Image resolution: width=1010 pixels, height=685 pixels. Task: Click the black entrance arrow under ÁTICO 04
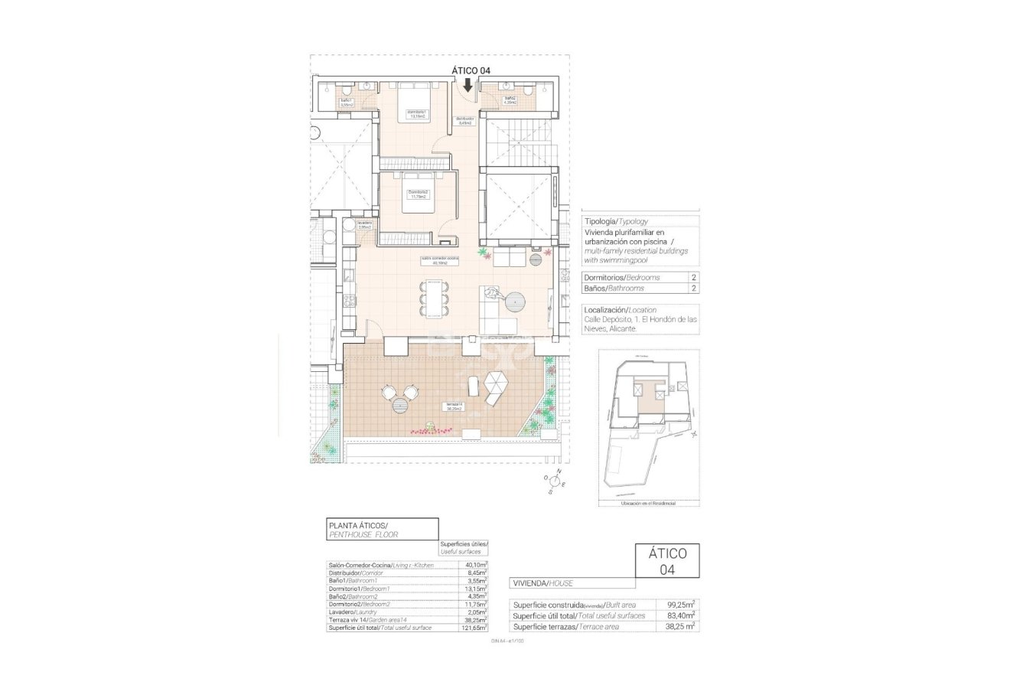(468, 84)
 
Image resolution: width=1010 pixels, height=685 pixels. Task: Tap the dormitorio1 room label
(416, 114)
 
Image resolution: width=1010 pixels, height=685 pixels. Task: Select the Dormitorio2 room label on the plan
(418, 194)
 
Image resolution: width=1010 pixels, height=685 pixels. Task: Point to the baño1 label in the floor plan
(346, 103)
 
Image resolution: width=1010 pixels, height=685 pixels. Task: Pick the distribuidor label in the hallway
(465, 120)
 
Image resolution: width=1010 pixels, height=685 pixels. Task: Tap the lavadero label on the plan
(363, 225)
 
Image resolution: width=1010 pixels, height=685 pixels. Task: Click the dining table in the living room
(435, 299)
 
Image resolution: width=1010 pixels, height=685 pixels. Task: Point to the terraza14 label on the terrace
(454, 406)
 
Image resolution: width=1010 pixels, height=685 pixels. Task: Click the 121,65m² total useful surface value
(474, 628)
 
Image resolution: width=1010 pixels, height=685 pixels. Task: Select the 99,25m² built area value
(679, 604)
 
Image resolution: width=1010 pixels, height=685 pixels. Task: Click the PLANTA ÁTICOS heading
(358, 525)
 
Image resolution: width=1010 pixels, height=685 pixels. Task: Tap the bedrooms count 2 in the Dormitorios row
(694, 277)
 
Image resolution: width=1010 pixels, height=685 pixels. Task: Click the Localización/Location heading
(621, 309)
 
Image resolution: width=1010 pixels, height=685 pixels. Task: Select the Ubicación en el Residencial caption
(648, 503)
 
